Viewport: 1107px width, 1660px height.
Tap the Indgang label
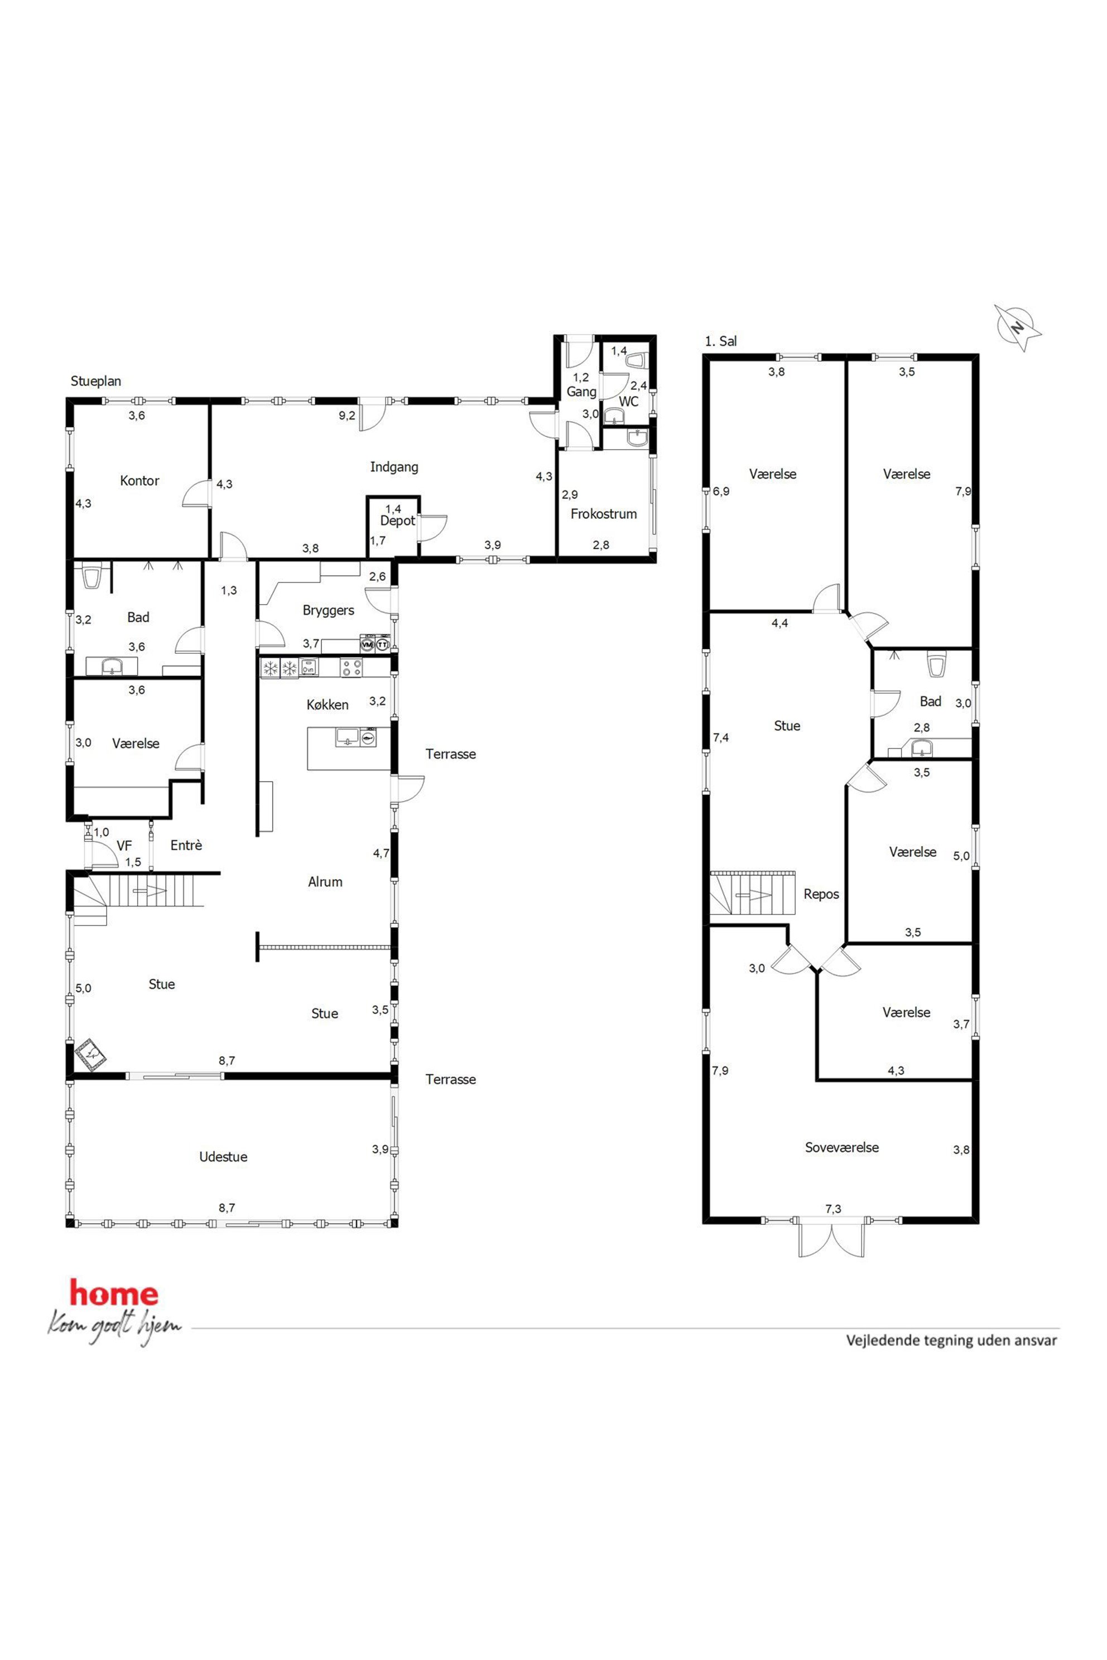(x=394, y=467)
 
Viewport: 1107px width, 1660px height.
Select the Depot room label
(x=397, y=521)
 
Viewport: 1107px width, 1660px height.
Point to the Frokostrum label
(x=604, y=514)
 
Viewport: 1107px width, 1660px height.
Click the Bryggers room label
(x=328, y=610)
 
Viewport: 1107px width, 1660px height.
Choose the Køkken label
(x=328, y=704)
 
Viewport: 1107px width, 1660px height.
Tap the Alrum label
(x=325, y=881)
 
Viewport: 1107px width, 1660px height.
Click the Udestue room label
(x=223, y=1157)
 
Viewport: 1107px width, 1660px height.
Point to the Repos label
(x=821, y=894)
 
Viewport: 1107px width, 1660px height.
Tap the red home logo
(x=114, y=1293)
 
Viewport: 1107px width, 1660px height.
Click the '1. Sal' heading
(x=721, y=341)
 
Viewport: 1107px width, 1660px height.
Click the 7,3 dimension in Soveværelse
(x=833, y=1209)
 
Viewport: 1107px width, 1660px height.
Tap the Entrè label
(x=186, y=846)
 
